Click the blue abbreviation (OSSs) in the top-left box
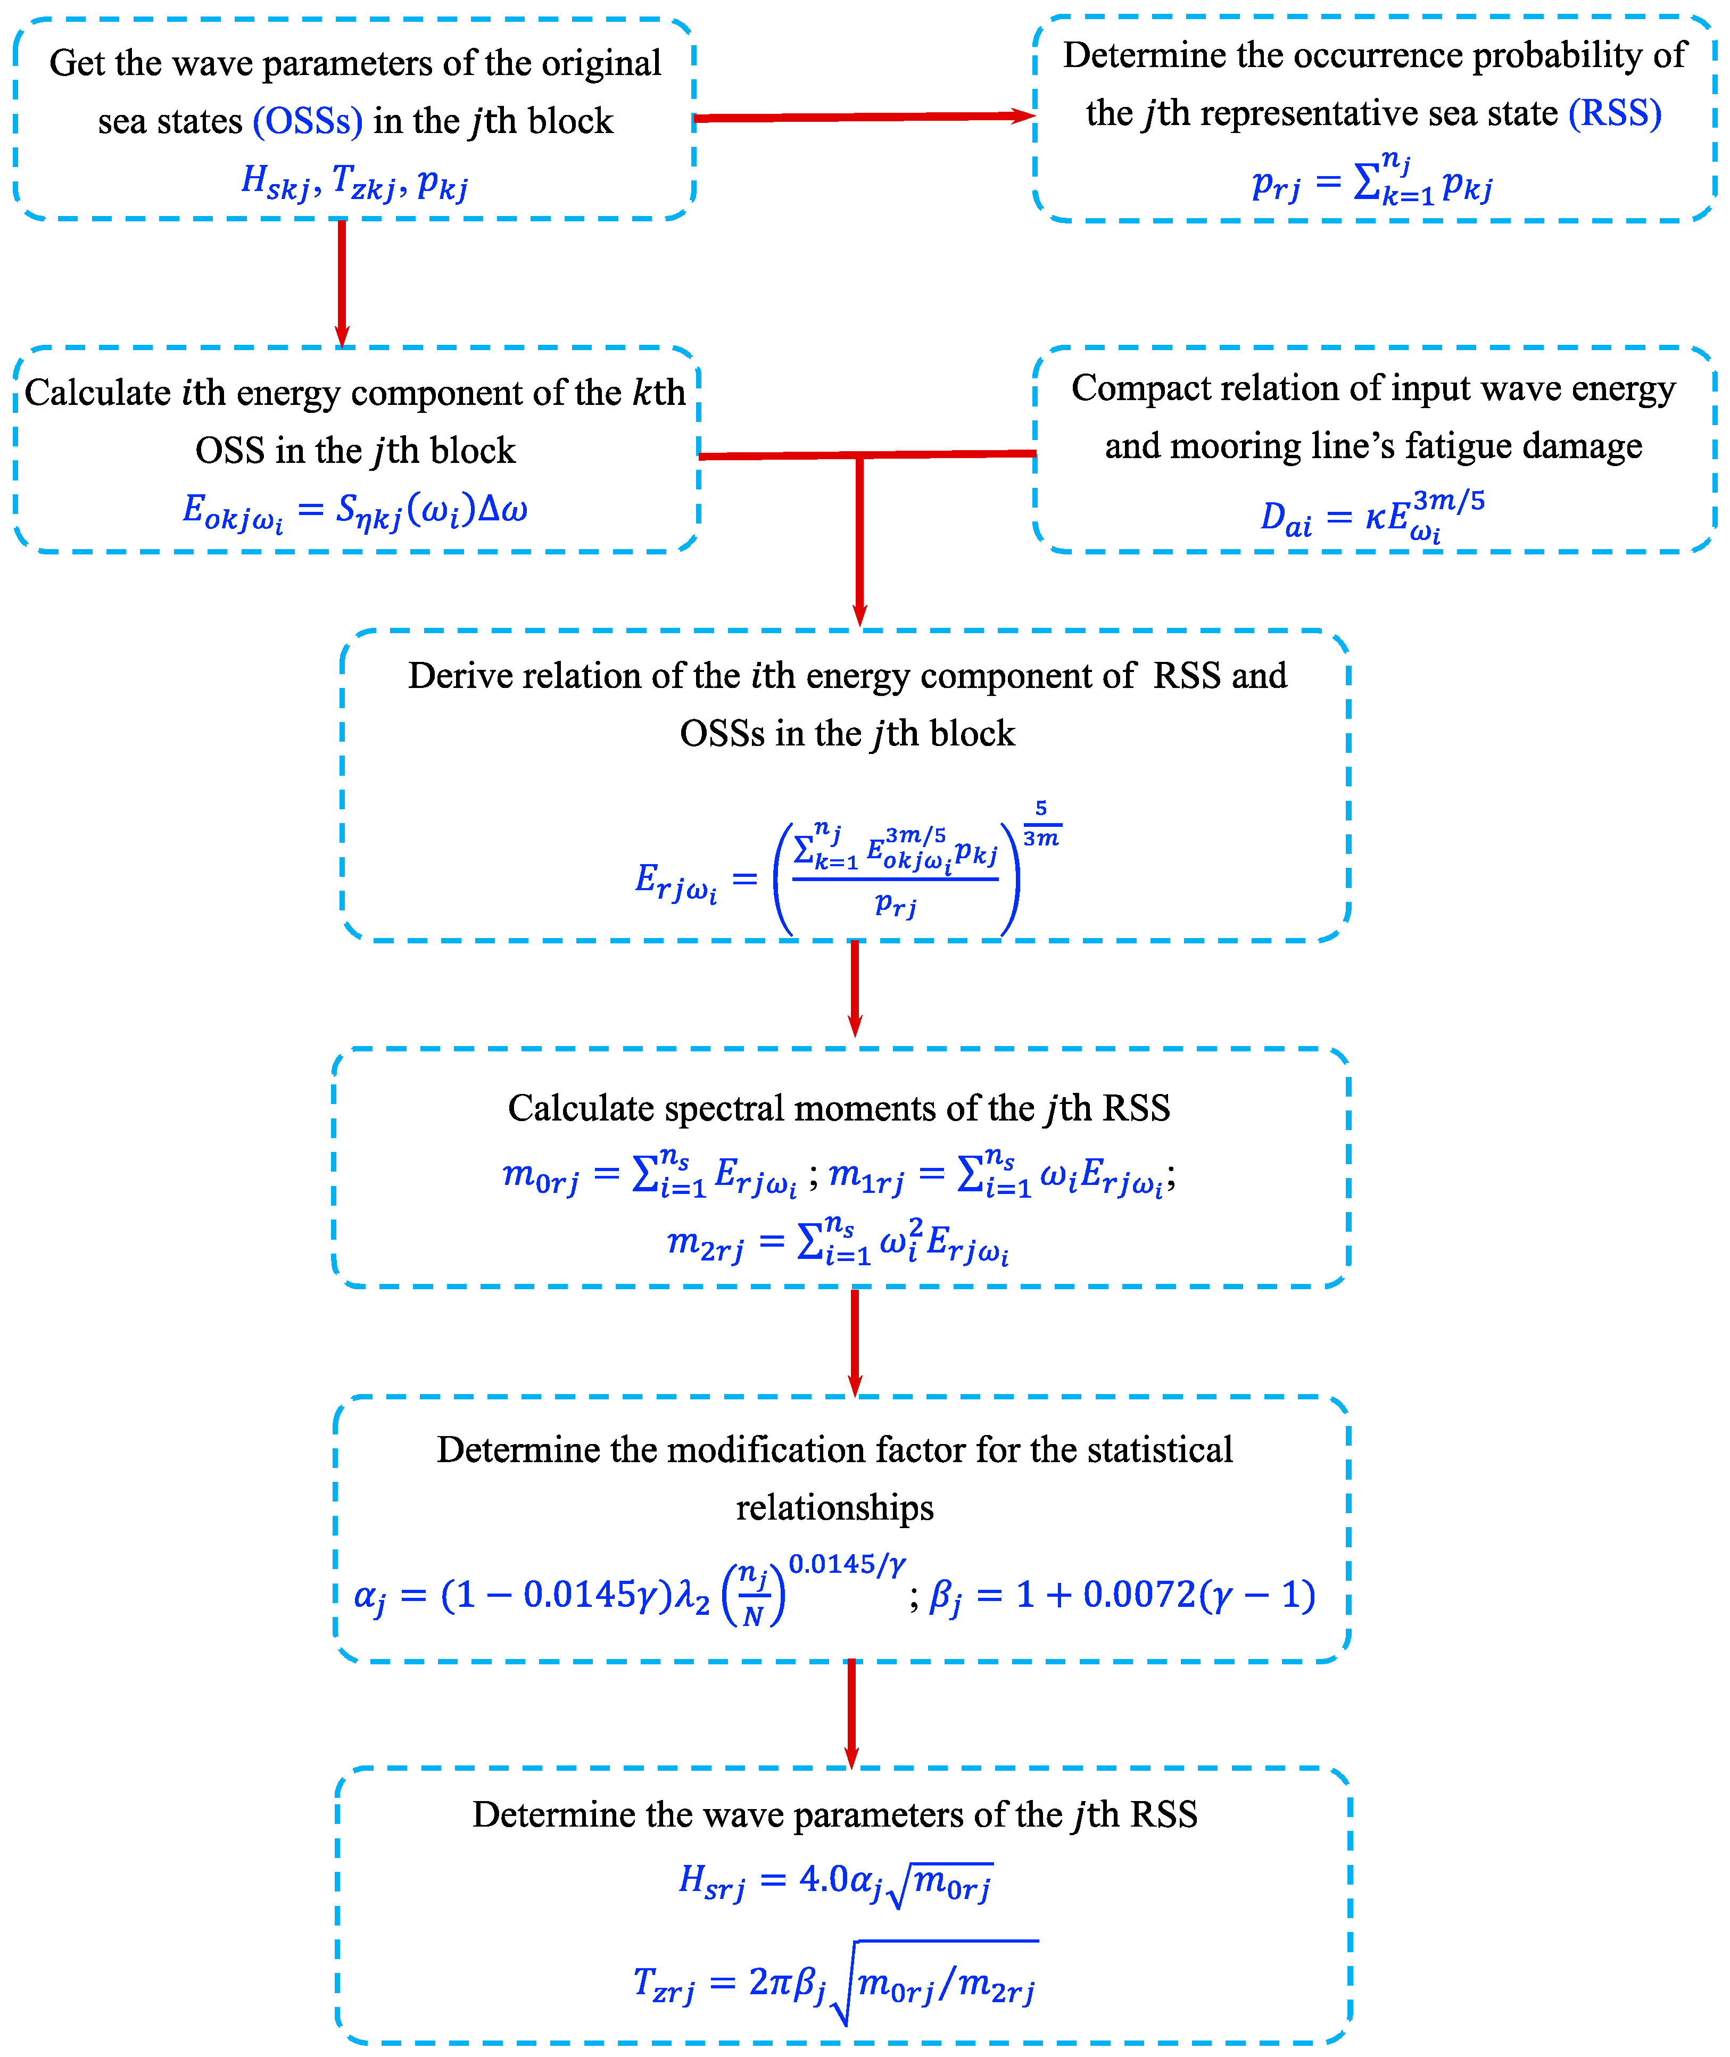pyautogui.click(x=307, y=121)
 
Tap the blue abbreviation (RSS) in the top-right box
pyautogui.click(x=1615, y=114)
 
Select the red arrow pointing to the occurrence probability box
pyautogui.click(x=863, y=118)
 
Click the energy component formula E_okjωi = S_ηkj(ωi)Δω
pyautogui.click(x=355, y=511)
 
